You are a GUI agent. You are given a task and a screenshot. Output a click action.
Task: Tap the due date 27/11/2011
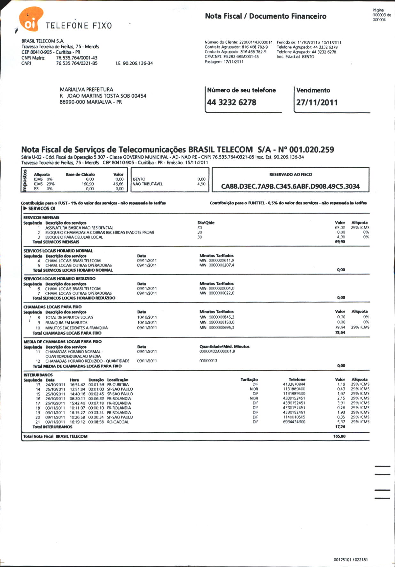tap(317, 102)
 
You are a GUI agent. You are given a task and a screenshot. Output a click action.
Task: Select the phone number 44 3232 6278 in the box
tap(231, 102)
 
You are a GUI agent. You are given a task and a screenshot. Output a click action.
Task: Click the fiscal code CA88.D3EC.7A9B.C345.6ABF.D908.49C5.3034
tap(290, 186)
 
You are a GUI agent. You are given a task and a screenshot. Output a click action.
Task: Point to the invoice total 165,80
tap(339, 436)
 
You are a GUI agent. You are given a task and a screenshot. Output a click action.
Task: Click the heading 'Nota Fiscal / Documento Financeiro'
tap(266, 16)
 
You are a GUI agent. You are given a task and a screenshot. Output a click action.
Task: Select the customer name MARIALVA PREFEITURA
tap(86, 90)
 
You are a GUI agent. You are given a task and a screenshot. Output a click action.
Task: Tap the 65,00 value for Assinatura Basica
tap(340, 228)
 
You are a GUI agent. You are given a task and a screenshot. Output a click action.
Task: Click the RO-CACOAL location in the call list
tap(118, 422)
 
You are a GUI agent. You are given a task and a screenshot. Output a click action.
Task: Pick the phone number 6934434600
tap(294, 422)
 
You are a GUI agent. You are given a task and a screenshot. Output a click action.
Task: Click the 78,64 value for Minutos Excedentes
tap(340, 327)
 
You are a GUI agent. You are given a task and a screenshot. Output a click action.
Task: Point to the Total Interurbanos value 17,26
tap(340, 427)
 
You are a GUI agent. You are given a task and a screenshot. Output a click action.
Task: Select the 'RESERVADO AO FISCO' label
tap(290, 175)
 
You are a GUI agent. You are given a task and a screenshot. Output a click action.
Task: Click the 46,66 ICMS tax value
tap(118, 184)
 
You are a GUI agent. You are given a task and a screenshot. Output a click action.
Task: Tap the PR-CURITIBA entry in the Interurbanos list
tap(118, 385)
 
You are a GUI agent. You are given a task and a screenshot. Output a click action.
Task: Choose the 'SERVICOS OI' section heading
tap(42, 208)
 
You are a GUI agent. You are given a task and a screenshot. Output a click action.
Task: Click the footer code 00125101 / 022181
tap(351, 560)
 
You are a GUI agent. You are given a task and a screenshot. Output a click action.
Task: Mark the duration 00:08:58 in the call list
tap(96, 422)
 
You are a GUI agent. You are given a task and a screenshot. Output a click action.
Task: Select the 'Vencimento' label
tap(313, 90)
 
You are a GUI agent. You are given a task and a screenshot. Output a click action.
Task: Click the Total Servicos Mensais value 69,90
tap(340, 242)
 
